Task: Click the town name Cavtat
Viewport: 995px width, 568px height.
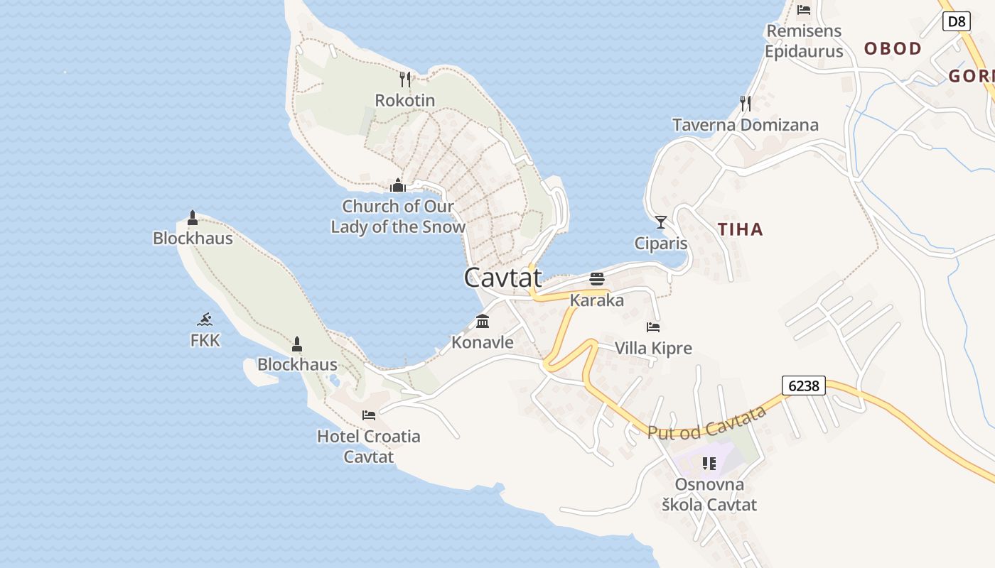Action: pos(502,277)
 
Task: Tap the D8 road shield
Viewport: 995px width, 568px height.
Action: pos(957,21)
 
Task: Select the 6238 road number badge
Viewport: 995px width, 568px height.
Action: pos(804,386)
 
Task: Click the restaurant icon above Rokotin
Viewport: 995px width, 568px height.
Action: pos(405,79)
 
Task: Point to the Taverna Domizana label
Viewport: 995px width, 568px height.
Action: pos(746,125)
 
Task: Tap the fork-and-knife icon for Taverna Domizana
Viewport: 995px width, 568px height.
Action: pos(746,104)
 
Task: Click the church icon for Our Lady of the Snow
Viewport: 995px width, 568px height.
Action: pos(397,185)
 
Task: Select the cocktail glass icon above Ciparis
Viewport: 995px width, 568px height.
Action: pos(661,222)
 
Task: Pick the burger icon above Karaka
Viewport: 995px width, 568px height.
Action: pos(596,278)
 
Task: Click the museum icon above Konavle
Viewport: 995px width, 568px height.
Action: pos(483,322)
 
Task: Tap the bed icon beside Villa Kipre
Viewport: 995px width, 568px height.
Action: pos(653,327)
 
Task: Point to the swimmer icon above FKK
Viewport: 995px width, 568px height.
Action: pos(205,319)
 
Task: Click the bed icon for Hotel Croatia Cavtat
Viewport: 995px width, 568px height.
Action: pos(369,415)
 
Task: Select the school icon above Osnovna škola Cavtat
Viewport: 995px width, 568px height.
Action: pos(709,464)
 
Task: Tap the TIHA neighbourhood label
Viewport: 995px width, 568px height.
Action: pos(740,229)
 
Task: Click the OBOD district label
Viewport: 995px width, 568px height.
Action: pos(893,48)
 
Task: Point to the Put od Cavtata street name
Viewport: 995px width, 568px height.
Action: pos(706,422)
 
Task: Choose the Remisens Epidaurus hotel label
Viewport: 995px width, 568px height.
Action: pos(804,41)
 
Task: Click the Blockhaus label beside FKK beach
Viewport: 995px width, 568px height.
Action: pos(193,238)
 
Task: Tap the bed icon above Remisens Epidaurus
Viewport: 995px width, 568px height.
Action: pos(804,9)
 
